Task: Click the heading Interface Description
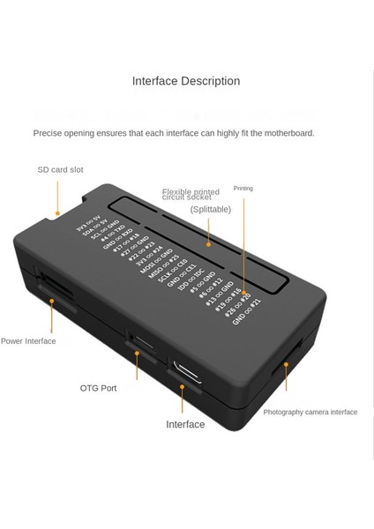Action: tap(186, 81)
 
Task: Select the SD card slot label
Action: tap(60, 169)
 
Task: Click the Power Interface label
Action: tap(28, 341)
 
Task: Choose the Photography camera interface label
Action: tap(310, 412)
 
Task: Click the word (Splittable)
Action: tap(211, 209)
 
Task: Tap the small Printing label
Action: tap(243, 188)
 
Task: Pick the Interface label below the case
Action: tap(185, 425)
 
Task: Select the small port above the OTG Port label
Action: tap(137, 339)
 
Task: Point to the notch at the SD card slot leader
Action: tap(58, 212)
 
